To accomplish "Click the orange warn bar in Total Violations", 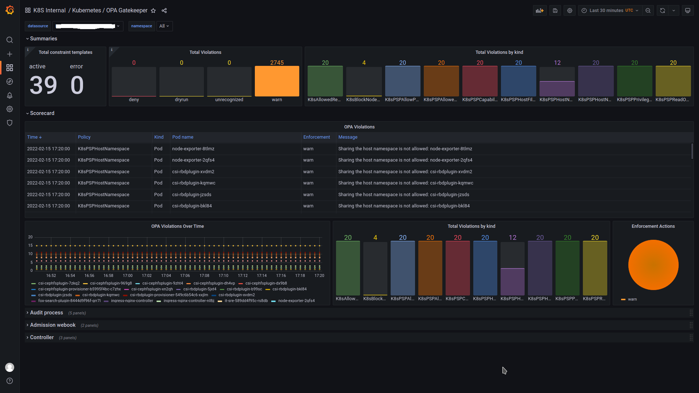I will coord(277,81).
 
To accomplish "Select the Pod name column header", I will coord(183,137).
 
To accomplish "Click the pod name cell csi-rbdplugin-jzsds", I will coord(191,195).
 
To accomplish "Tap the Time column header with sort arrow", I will coord(34,137).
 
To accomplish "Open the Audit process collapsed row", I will coord(47,313).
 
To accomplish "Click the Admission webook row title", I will coord(53,325).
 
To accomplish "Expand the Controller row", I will coord(42,337).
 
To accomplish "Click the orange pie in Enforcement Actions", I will coord(653,265).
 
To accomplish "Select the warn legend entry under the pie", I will coord(632,299).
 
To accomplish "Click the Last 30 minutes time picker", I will coord(610,11).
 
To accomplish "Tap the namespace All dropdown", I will coord(164,26).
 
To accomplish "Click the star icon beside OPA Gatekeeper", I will coord(153,11).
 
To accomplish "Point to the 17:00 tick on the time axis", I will coord(127,275).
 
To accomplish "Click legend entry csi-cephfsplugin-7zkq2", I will coord(59,283).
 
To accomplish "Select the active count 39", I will coord(43,85).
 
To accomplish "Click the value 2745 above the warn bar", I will coord(277,63).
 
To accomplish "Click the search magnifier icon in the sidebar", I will coord(10,40).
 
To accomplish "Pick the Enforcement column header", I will coord(316,137).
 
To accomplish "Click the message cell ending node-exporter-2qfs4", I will coord(405,160).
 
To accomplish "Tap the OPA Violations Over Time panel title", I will coord(177,226).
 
